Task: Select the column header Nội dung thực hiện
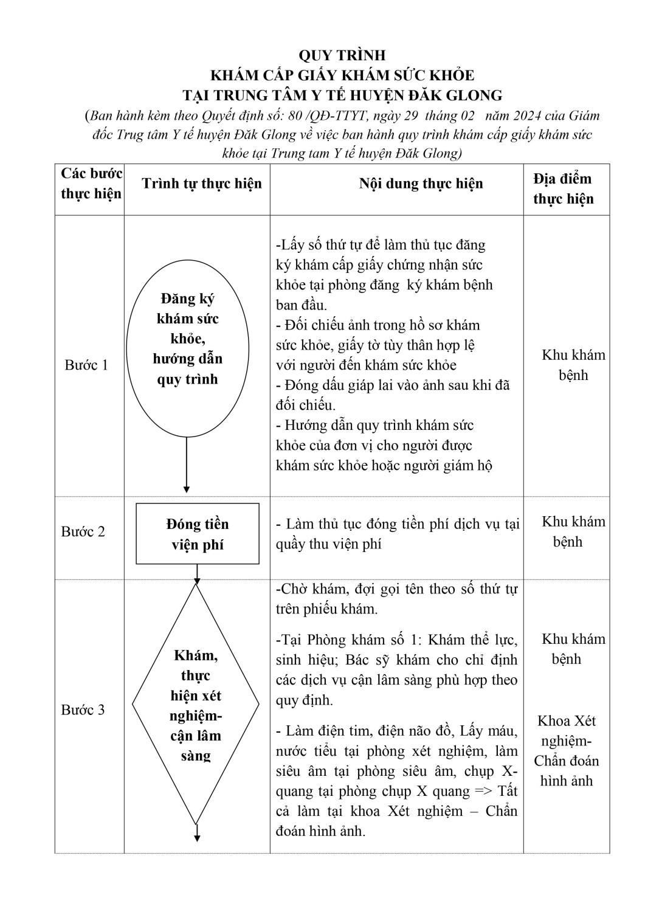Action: [x=421, y=184]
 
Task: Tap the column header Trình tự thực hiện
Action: [x=202, y=184]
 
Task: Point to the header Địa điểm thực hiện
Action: [x=563, y=188]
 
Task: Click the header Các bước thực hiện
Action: [x=91, y=183]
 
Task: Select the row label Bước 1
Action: [x=86, y=365]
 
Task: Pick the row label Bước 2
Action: [x=83, y=531]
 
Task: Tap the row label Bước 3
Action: [x=83, y=710]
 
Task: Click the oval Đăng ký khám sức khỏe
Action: [x=187, y=348]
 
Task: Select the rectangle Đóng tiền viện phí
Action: [x=197, y=534]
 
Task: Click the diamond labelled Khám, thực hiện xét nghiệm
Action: [x=196, y=705]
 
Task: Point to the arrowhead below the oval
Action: [x=187, y=488]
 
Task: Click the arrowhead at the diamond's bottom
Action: [x=197, y=837]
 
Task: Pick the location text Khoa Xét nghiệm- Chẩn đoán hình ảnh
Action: [x=567, y=750]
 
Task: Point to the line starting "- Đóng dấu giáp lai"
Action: [x=392, y=385]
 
